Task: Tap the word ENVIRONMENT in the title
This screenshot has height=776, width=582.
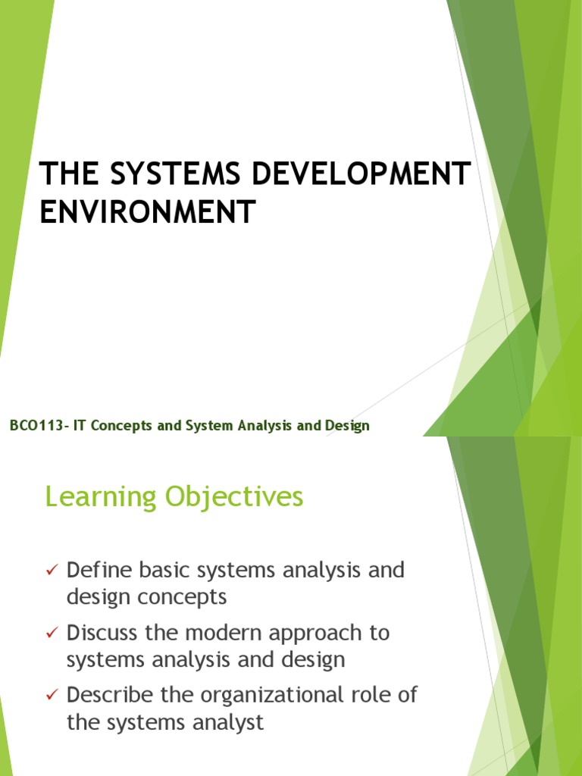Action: (x=148, y=211)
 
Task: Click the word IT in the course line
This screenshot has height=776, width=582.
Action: (x=80, y=426)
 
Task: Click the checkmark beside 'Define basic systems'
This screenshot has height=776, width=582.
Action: (x=52, y=570)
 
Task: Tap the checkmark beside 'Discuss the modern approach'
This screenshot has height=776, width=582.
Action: (x=52, y=633)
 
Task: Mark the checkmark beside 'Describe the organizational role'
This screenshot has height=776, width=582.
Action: (x=52, y=696)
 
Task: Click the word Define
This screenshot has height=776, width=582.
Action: (x=95, y=570)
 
